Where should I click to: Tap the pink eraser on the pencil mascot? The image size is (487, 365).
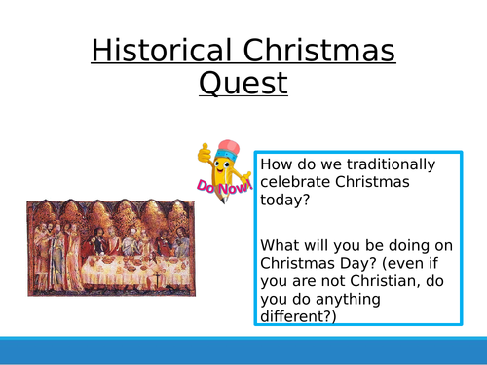228,146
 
